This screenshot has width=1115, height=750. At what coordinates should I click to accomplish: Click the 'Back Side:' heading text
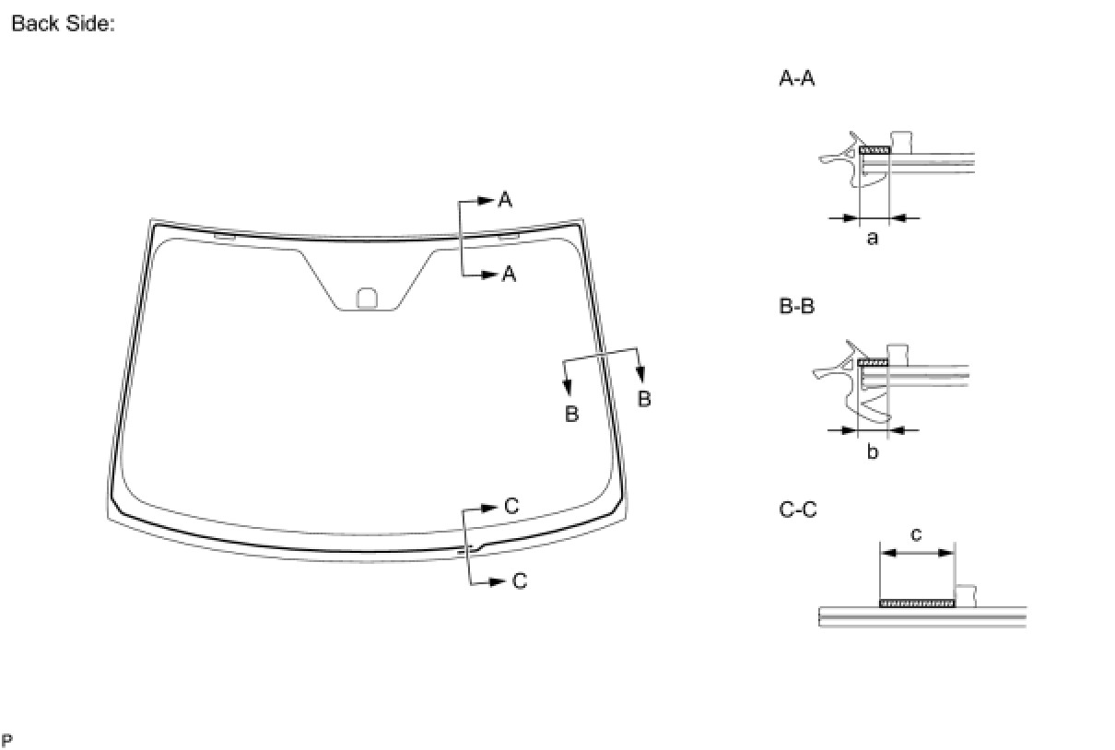coord(63,23)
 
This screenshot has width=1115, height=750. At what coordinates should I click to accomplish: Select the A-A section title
coord(796,78)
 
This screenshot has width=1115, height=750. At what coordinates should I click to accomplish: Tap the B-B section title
coord(796,306)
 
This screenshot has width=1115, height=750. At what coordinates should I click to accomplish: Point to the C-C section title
coord(797,510)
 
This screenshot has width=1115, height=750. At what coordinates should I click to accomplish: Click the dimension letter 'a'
coord(872,239)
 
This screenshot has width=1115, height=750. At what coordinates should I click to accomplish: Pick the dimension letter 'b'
coord(873,451)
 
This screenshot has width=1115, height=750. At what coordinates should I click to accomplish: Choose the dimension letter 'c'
coord(915,534)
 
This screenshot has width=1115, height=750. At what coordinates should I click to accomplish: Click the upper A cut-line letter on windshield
coord(505,200)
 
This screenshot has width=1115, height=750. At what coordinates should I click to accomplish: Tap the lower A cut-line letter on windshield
coord(509,274)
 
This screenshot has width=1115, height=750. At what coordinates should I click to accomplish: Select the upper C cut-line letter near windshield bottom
coord(511,506)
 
